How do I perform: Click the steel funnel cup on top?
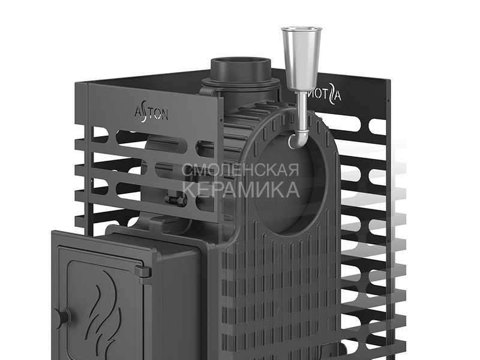click(x=302, y=58)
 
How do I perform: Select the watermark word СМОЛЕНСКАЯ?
click(x=241, y=170)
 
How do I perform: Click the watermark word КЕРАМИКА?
click(x=241, y=190)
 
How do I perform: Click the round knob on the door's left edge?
click(x=62, y=316)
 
